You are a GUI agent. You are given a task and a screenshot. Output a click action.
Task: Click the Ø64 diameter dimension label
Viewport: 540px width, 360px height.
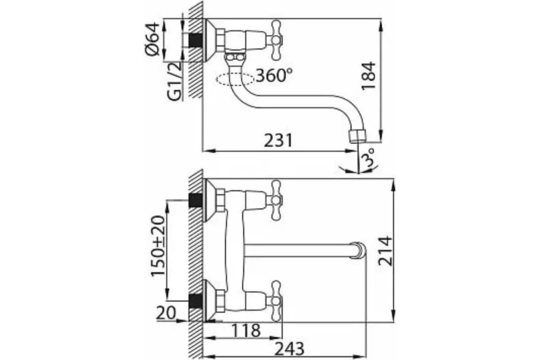(153, 39)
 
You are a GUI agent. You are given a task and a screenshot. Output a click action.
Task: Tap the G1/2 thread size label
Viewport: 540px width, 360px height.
(174, 81)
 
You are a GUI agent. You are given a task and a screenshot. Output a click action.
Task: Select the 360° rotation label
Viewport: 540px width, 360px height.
(274, 75)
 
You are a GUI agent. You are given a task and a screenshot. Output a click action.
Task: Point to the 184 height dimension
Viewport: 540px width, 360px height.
(369, 76)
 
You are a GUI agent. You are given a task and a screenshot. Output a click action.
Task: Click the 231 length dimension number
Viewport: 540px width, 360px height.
(278, 140)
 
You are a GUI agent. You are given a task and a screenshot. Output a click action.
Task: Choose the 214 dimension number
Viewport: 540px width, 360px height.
(385, 251)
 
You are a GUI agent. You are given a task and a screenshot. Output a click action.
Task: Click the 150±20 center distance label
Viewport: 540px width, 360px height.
(158, 246)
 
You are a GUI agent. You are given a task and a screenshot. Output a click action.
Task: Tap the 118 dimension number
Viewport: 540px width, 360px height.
(246, 331)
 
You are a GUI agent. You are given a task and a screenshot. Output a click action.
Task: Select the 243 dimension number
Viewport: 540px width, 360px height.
(289, 349)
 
